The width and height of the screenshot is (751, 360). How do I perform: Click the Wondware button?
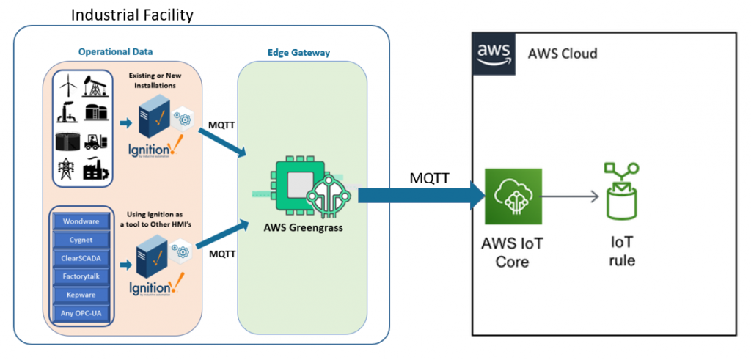[81, 221]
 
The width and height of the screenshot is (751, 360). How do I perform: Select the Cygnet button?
[81, 239]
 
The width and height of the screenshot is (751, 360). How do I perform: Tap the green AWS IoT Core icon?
[513, 196]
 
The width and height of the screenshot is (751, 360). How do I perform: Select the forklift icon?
[96, 141]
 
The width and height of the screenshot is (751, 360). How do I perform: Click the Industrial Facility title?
[133, 14]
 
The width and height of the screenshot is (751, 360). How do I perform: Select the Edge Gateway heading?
[301, 53]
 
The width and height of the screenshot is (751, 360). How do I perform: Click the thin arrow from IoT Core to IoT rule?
[569, 196]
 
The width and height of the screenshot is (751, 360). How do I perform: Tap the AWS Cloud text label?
[563, 54]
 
